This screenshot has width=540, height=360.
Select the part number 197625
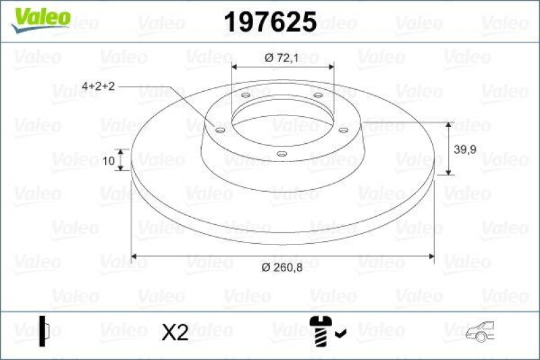coord(269,23)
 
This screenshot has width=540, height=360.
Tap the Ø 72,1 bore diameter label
coord(283,58)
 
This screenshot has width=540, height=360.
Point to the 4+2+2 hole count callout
coord(99,86)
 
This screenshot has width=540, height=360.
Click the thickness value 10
coord(109,160)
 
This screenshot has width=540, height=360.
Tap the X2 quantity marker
coord(176,332)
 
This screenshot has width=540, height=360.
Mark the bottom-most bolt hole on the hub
coord(281,155)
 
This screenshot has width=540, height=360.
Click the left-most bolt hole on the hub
coord(221,129)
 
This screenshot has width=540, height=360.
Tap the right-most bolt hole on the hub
coord(342,129)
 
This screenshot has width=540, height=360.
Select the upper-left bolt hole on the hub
coord(245,96)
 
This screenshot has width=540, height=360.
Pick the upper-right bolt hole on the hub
coord(317,96)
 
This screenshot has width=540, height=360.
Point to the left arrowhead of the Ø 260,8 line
coord(134,256)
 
